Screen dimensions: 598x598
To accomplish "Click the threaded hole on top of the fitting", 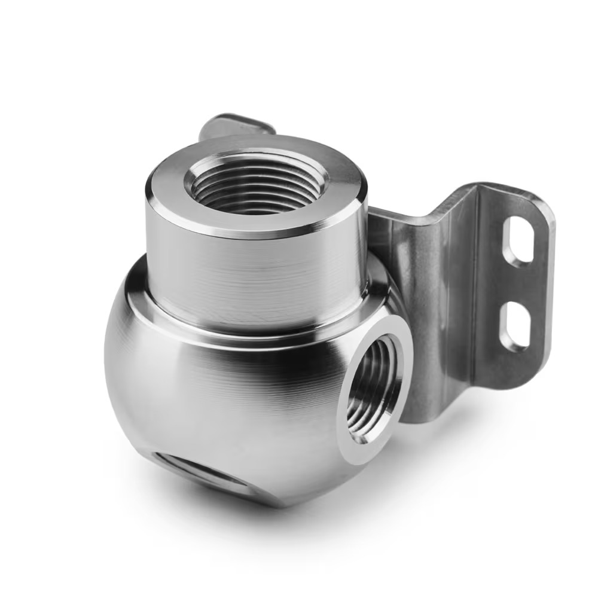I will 257,182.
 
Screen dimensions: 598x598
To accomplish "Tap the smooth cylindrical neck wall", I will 251,269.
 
